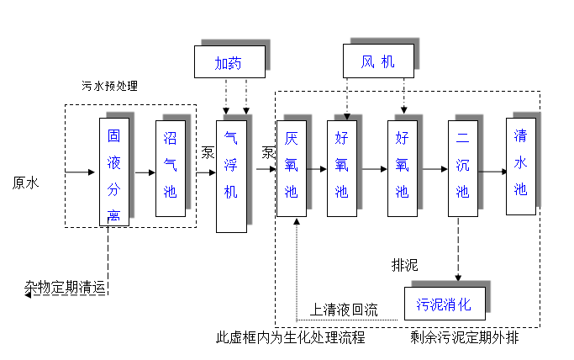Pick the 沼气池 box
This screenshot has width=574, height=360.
[x=170, y=169]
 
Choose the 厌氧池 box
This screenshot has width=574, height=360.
[x=292, y=169]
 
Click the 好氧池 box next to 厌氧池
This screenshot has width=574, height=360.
[x=342, y=169]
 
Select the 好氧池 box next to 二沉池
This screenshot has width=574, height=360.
[x=402, y=169]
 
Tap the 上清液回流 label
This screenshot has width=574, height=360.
[x=345, y=310]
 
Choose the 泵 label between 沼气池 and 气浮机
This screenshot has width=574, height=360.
[x=208, y=153]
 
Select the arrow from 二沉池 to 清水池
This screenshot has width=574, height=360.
[x=491, y=169]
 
